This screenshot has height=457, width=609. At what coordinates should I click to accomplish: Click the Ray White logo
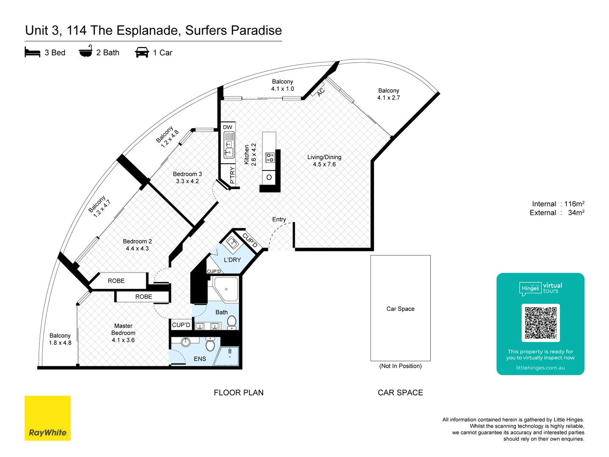coord(47,418)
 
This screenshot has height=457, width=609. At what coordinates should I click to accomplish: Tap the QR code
coord(540,323)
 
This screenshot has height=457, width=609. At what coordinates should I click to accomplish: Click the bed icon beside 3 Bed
coord(33,52)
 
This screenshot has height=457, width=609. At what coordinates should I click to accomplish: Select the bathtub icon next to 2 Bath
coord(86,51)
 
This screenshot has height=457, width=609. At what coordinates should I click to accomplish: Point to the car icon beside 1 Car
coord(142,52)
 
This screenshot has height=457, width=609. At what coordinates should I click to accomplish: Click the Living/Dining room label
coord(324,161)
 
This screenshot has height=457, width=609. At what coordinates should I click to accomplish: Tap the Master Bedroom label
coord(123,333)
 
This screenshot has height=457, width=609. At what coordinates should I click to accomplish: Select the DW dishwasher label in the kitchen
coord(228,127)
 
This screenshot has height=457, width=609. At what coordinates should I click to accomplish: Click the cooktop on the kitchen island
coord(269,157)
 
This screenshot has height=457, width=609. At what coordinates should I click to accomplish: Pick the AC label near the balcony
coord(321,92)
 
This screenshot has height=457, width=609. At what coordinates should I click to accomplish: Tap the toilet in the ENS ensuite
coord(210,344)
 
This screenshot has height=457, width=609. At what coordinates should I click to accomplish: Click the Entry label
coord(279,219)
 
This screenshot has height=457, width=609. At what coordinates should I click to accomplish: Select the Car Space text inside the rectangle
coord(401,309)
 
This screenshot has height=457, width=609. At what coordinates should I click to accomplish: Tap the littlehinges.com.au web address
coord(540,368)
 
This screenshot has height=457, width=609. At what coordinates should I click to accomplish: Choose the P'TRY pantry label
coord(233,175)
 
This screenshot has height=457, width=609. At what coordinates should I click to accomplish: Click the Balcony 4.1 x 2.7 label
coord(388,94)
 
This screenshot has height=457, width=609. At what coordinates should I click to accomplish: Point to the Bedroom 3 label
coord(187,178)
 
